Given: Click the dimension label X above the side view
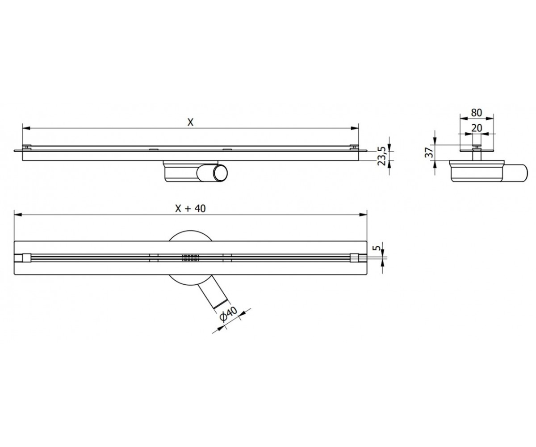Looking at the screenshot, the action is (190, 122).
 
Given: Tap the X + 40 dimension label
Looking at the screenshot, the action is (190, 208).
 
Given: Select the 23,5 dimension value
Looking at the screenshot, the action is (382, 156).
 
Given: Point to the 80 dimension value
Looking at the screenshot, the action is (477, 113).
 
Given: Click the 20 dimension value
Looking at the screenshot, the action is (477, 128).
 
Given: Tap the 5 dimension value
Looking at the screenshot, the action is (377, 248).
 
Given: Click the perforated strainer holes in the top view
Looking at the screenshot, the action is (190, 257).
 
